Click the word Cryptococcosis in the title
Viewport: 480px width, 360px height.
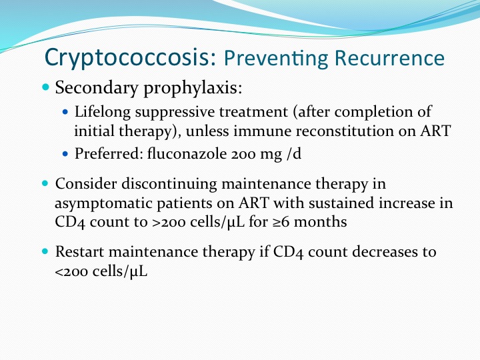131,57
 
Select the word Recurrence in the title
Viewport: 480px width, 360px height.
389,57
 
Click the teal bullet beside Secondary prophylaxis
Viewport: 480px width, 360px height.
45,87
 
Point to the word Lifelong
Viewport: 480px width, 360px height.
103,112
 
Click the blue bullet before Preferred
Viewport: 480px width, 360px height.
65,153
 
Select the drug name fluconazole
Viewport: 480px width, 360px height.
187,153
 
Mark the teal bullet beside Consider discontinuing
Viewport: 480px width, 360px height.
45,183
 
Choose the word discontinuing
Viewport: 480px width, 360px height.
169,185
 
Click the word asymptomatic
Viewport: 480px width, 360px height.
103,204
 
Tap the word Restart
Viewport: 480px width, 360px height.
79,252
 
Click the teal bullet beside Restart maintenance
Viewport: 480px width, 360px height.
45,251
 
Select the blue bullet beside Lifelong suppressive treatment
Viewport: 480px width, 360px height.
65,112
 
